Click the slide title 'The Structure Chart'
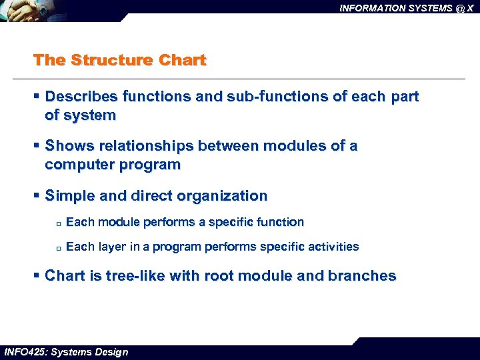[120, 60]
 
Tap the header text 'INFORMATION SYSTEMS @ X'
[406, 8]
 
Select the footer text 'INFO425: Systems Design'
[66, 352]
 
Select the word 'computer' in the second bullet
[78, 165]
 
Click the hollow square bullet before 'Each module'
[59, 223]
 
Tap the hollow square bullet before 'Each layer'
[59, 248]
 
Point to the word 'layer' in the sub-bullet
[112, 247]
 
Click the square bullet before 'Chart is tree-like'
[37, 276]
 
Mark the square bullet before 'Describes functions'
[37, 97]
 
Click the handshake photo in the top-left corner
[60, 11]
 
